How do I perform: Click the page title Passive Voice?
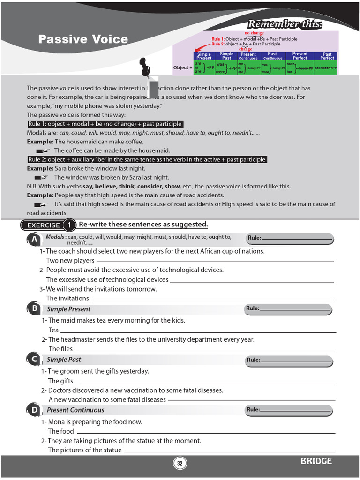point(83,39)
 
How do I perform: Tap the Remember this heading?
point(285,24)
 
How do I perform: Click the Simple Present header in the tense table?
point(204,56)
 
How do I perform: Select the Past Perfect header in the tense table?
point(327,56)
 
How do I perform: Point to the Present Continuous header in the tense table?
point(248,56)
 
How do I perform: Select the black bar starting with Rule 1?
point(105,124)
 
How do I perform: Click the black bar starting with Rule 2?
point(147,159)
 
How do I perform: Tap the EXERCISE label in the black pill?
point(43,225)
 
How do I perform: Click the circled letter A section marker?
point(34,240)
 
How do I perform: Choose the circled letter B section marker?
point(34,308)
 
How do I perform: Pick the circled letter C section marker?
point(34,360)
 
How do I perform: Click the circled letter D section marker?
point(34,410)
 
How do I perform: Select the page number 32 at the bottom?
point(180,464)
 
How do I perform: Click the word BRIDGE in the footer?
point(316,461)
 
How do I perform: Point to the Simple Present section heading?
point(68,309)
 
